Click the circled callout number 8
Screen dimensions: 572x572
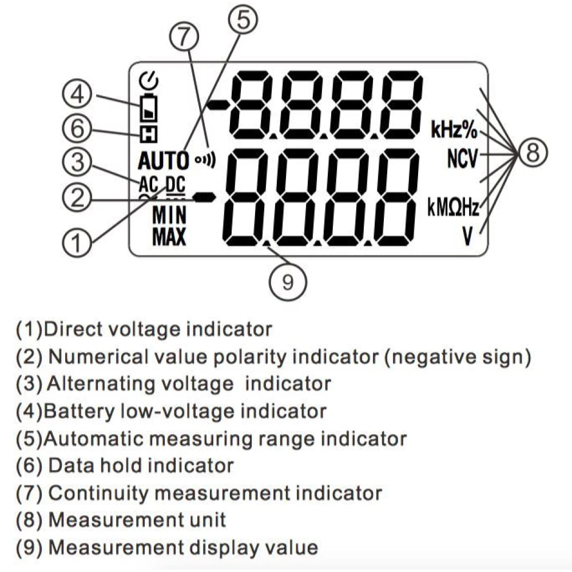pyautogui.click(x=532, y=153)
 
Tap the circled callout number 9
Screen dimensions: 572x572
pyautogui.click(x=288, y=282)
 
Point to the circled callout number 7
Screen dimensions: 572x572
pyautogui.click(x=184, y=38)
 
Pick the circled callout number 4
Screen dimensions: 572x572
pyautogui.click(x=77, y=95)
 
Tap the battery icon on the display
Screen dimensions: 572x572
pyautogui.click(x=149, y=108)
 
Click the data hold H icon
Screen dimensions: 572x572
pyautogui.click(x=149, y=134)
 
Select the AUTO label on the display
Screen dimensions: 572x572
pyautogui.click(x=164, y=161)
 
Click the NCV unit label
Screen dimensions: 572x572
pyautogui.click(x=463, y=158)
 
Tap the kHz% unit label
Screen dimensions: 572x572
pyautogui.click(x=454, y=129)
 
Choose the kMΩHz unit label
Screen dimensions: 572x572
pyautogui.click(x=453, y=208)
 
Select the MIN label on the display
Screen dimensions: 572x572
pyautogui.click(x=169, y=214)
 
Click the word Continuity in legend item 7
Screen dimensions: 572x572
pyautogui.click(x=98, y=493)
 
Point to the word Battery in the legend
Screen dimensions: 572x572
pyautogui.click(x=79, y=411)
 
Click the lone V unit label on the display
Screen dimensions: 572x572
pyautogui.click(x=467, y=236)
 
